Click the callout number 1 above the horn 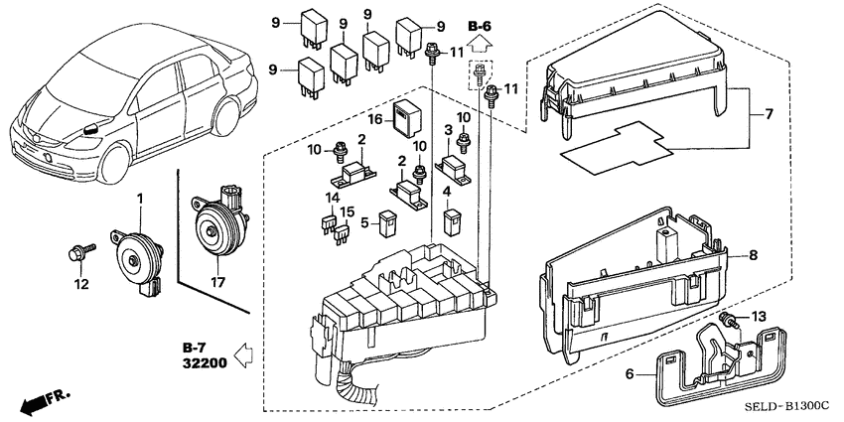(140, 199)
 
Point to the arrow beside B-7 (239, 350)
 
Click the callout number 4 (447, 191)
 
